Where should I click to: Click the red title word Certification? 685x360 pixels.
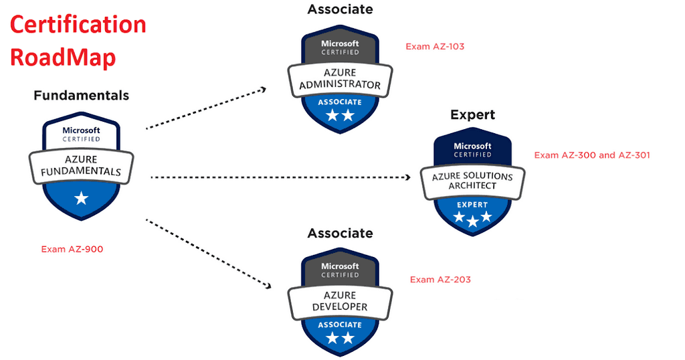point(78,25)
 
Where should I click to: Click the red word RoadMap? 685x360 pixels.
point(63,57)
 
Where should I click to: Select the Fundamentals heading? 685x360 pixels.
point(81,96)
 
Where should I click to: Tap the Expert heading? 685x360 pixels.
point(472,115)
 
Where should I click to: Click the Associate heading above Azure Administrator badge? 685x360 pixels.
point(340,9)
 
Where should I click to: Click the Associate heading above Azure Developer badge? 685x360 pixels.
point(340,234)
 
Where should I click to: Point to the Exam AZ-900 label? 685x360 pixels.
point(72,249)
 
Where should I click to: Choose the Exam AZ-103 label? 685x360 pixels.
point(435,47)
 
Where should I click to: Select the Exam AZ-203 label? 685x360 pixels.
point(440,279)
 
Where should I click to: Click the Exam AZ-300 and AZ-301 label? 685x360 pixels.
point(592,155)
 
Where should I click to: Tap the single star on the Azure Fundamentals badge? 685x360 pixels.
point(81,197)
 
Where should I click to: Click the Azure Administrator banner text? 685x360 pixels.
point(340,79)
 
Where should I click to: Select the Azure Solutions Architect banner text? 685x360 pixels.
point(472,181)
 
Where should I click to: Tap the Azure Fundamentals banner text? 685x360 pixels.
point(81,165)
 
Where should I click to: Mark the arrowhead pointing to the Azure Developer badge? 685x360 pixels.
point(268,286)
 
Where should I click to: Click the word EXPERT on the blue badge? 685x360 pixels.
point(472,205)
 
